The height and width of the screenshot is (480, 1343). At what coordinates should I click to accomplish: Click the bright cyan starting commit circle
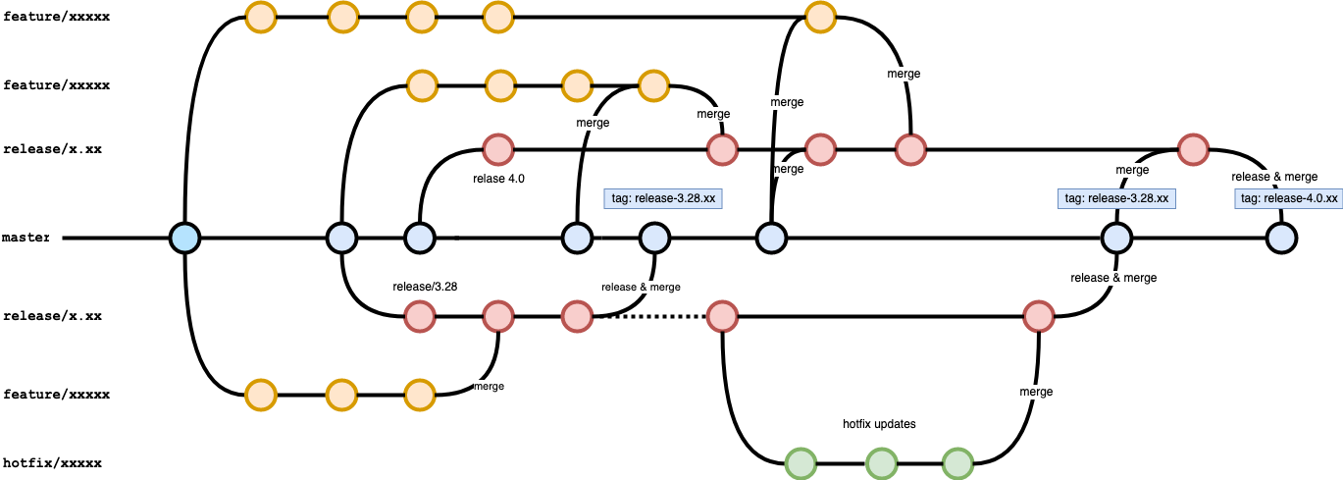[184, 238]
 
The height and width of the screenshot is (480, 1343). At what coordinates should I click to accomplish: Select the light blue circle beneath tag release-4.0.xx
[1281, 238]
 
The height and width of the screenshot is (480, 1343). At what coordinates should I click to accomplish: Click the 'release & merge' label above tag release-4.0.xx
[1274, 177]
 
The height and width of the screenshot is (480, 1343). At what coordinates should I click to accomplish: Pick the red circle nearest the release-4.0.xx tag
[1193, 150]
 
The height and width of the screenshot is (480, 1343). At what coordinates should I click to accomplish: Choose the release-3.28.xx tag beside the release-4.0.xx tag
[1116, 198]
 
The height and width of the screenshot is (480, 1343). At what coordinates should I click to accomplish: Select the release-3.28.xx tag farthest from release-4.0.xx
[662, 198]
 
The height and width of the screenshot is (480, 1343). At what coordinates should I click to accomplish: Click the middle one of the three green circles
[881, 463]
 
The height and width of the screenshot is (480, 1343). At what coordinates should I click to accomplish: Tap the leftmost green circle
[801, 463]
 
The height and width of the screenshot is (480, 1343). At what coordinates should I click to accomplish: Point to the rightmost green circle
[958, 463]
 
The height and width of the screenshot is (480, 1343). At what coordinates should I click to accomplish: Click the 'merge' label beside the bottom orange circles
[489, 387]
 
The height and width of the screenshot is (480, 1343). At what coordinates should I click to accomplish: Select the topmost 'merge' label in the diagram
[904, 74]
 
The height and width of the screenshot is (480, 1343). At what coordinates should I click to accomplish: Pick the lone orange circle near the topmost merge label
[820, 17]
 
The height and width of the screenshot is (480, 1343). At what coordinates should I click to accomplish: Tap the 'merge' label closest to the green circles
[1036, 392]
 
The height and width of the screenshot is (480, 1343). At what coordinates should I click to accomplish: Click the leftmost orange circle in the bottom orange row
[261, 395]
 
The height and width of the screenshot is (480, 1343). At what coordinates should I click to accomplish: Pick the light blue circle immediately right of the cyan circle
[341, 238]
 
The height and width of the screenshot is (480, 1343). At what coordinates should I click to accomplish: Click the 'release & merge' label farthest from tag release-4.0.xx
[641, 287]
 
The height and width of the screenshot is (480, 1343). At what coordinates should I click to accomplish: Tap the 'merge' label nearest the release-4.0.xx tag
[1132, 170]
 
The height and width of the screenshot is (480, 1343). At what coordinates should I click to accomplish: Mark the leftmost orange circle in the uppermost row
[261, 17]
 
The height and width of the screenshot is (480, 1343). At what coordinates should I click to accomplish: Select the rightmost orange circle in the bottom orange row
[419, 395]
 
